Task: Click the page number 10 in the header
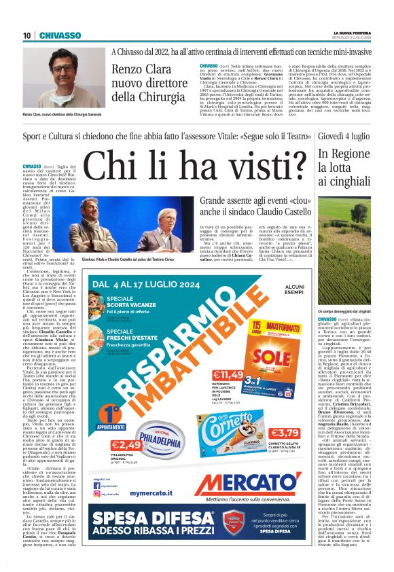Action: pos(26,35)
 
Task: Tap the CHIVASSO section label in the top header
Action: pos(60,35)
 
